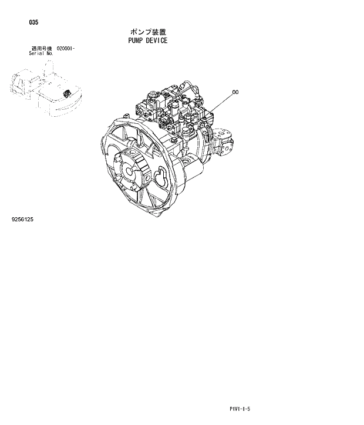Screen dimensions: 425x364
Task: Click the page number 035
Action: (x=33, y=23)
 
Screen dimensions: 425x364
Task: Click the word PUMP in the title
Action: (x=135, y=41)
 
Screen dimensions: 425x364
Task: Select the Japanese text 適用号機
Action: (x=41, y=48)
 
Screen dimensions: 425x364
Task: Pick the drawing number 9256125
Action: (x=22, y=220)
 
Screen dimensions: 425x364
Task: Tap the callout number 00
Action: (x=235, y=92)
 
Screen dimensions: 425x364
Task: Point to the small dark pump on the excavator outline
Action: (x=67, y=93)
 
